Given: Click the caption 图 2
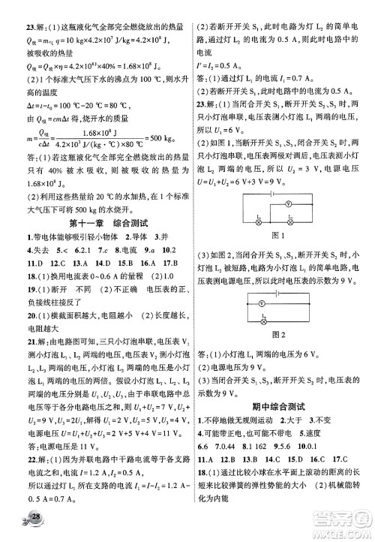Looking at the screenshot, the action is click(x=281, y=333).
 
